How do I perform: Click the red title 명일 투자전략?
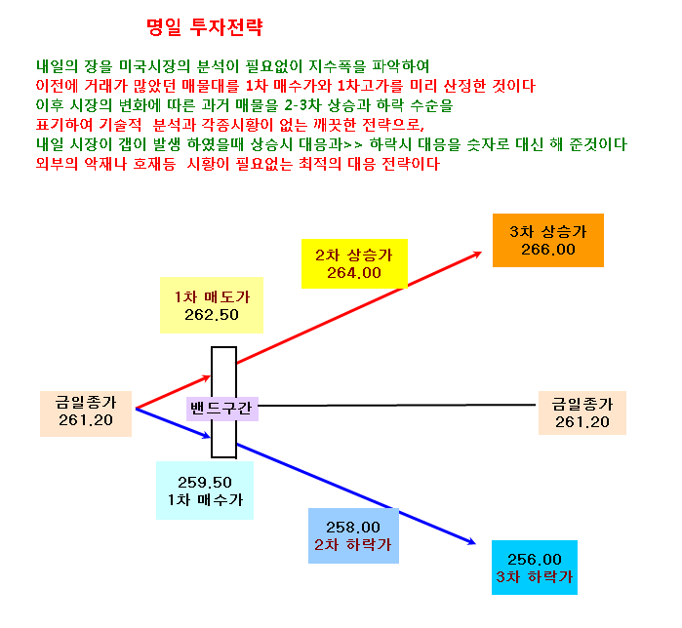tap(205, 27)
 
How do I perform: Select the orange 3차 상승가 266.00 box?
tap(548, 240)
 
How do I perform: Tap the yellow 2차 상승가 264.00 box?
tap(354, 263)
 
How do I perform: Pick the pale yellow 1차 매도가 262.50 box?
tap(212, 305)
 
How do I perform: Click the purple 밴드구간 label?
tap(221, 409)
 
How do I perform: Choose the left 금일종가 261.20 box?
tap(86, 413)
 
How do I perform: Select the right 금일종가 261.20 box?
tap(582, 412)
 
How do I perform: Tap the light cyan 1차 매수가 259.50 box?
tap(205, 491)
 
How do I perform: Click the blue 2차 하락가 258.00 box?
tap(353, 536)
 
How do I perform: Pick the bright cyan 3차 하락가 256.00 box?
tap(535, 568)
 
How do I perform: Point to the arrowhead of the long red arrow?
tap(481, 252)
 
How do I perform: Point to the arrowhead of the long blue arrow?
tap(475, 543)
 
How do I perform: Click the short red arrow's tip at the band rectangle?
tap(211, 376)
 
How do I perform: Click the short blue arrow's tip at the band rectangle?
tap(211, 437)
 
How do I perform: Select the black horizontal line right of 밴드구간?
tap(397, 405)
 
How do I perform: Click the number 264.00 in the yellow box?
tap(354, 273)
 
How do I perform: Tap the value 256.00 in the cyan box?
tap(535, 560)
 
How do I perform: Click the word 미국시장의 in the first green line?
tap(154, 66)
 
